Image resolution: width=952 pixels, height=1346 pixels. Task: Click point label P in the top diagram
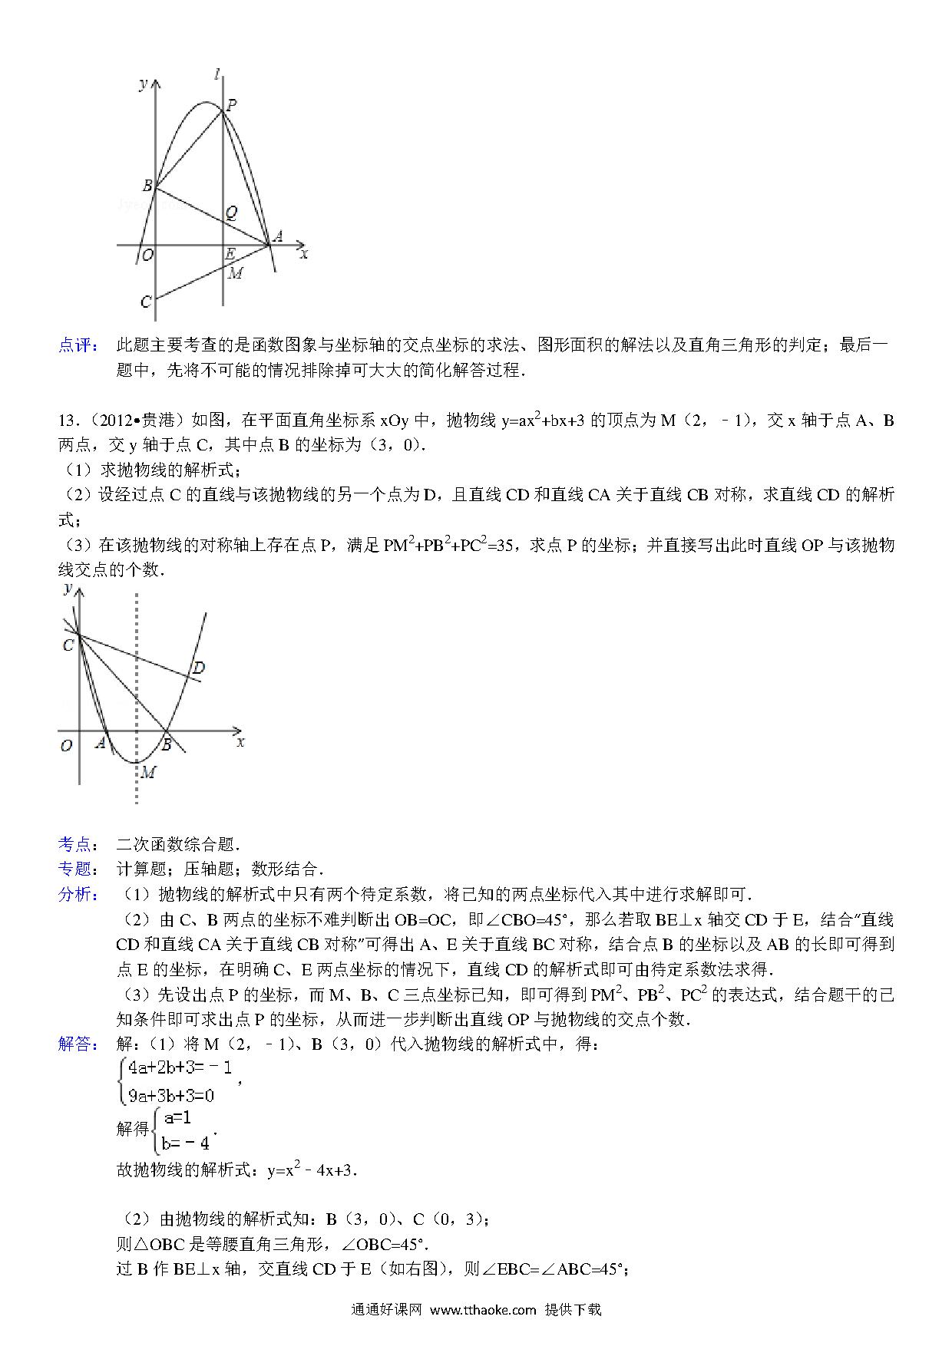point(230,106)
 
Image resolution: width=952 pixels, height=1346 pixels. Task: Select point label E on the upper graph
point(230,254)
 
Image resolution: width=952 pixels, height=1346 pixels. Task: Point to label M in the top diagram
point(236,273)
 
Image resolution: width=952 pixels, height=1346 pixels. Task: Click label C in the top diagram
point(145,302)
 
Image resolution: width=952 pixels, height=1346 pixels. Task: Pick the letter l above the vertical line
point(219,74)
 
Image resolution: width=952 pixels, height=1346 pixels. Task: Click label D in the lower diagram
point(198,668)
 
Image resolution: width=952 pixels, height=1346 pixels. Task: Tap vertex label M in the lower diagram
point(148,772)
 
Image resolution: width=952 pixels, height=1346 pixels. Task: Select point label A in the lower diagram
point(100,743)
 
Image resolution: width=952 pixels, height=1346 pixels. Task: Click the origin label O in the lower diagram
point(67,745)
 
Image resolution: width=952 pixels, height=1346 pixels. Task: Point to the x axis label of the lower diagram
point(240,741)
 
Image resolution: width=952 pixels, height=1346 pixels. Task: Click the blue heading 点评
point(78,345)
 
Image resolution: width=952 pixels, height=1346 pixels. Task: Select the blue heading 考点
point(78,845)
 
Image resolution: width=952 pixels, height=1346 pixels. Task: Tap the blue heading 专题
point(78,869)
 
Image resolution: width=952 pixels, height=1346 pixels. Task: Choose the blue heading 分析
point(78,894)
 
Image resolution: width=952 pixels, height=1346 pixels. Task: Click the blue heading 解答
point(78,1044)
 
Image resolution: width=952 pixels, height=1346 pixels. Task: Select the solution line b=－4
point(185,1143)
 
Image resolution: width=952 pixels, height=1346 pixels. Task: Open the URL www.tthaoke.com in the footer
point(483,1310)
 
